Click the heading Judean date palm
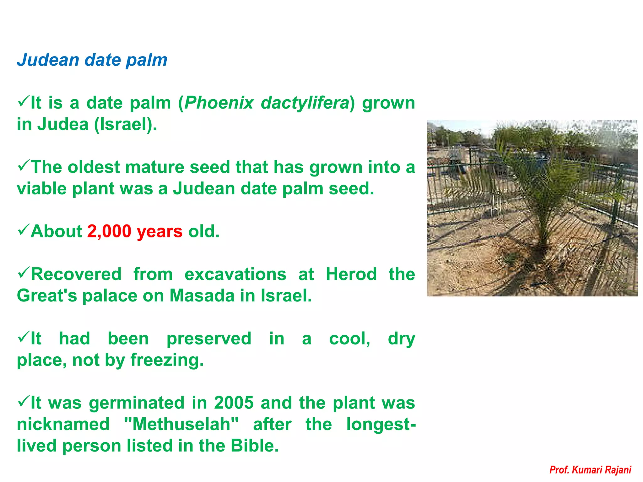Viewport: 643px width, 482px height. [92, 60]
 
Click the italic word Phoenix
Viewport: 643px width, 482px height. [219, 103]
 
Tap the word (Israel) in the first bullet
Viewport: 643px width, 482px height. [125, 124]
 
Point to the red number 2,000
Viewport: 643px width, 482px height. [109, 231]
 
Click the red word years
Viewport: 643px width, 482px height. [159, 232]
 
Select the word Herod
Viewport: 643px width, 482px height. [351, 274]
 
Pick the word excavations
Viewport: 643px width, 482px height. [235, 274]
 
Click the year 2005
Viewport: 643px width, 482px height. [234, 403]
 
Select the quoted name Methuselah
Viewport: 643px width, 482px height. [181, 424]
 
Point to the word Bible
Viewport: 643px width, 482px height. [254, 446]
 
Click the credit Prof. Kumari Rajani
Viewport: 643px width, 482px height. [590, 470]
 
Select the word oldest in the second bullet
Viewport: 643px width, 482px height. [94, 167]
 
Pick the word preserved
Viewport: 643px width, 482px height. [209, 339]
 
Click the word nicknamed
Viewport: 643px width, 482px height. [63, 424]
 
